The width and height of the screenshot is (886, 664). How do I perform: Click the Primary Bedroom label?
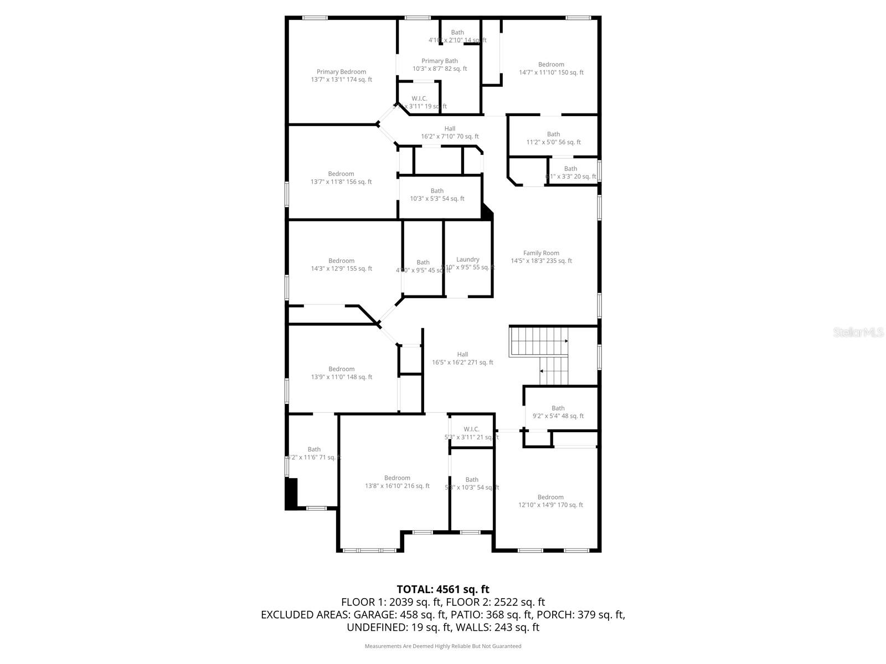coord(341,76)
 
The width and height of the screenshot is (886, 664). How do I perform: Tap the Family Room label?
coord(541,257)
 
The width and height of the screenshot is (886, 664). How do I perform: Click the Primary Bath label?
coord(440,65)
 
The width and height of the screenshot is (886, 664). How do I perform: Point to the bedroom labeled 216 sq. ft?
coord(397,482)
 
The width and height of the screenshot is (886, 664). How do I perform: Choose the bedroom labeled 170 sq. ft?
coord(550,501)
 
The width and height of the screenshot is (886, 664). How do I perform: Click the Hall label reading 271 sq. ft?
coord(462,359)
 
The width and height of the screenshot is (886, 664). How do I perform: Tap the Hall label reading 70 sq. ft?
coord(450,132)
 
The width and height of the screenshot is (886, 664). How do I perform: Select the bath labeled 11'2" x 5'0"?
coord(553,138)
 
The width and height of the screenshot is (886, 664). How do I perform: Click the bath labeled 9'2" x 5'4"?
coord(558,412)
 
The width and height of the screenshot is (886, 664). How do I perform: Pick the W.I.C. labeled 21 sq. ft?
coord(471,433)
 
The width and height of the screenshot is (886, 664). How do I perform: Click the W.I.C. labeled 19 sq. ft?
coord(419,102)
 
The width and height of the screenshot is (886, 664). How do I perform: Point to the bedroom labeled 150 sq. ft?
coord(551,68)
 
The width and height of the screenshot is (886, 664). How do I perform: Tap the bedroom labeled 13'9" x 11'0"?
coord(341,373)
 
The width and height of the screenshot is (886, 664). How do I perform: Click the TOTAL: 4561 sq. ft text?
coord(442,589)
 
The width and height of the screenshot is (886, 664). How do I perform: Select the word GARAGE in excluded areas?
coord(374,615)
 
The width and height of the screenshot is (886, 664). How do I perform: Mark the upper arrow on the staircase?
coord(565,341)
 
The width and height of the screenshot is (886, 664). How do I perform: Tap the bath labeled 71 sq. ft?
coord(314,453)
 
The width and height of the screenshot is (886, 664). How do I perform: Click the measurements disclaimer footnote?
coord(442,646)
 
